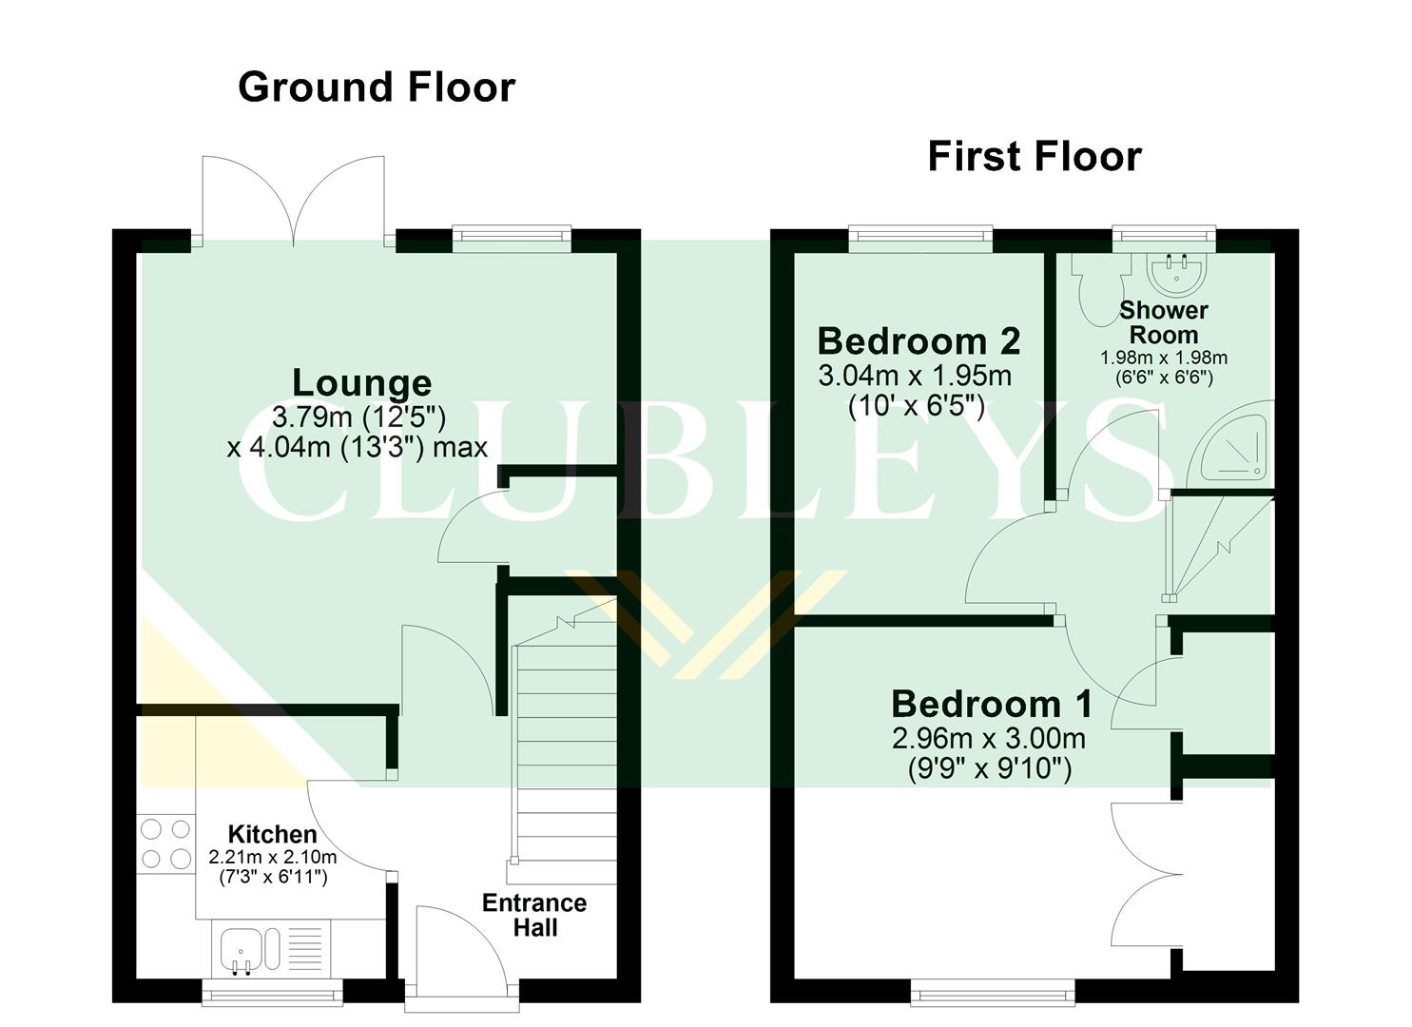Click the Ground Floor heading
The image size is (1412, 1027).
[x=376, y=87]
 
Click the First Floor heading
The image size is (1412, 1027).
[x=1034, y=157]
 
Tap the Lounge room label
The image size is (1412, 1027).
[x=361, y=382]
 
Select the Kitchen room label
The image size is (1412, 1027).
[x=273, y=834]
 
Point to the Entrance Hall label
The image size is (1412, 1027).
[x=534, y=915]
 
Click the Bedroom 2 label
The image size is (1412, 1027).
[x=919, y=340]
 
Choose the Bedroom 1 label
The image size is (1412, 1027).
[x=991, y=704]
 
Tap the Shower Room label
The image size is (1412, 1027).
[x=1163, y=322]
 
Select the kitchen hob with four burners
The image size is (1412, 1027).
[x=165, y=843]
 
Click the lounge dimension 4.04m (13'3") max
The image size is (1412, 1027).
[x=358, y=447]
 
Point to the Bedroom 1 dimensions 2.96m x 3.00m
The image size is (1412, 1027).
[x=989, y=739]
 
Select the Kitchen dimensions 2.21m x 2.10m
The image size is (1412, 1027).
[x=273, y=858]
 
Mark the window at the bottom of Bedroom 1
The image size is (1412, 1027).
[x=993, y=995]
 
